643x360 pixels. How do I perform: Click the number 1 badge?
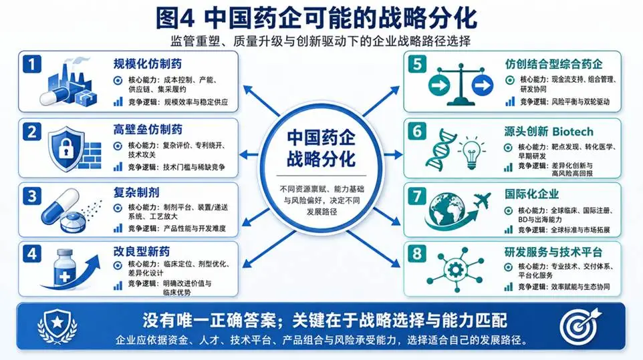[32, 64]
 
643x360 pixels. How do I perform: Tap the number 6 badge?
[416, 131]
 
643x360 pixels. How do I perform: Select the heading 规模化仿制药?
[148, 64]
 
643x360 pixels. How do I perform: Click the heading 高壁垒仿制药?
[148, 130]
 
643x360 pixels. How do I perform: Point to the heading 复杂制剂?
[136, 192]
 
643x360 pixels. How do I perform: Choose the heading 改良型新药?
[142, 251]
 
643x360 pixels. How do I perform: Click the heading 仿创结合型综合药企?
[553, 64]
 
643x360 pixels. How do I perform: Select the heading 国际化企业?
[531, 194]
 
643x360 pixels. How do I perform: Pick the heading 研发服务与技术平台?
[553, 252]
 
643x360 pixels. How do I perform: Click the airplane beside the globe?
[481, 200]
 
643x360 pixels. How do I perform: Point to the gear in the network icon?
[455, 270]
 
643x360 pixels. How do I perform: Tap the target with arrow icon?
[580, 326]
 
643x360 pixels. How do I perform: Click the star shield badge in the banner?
[57, 326]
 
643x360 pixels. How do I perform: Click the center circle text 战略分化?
[321, 158]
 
